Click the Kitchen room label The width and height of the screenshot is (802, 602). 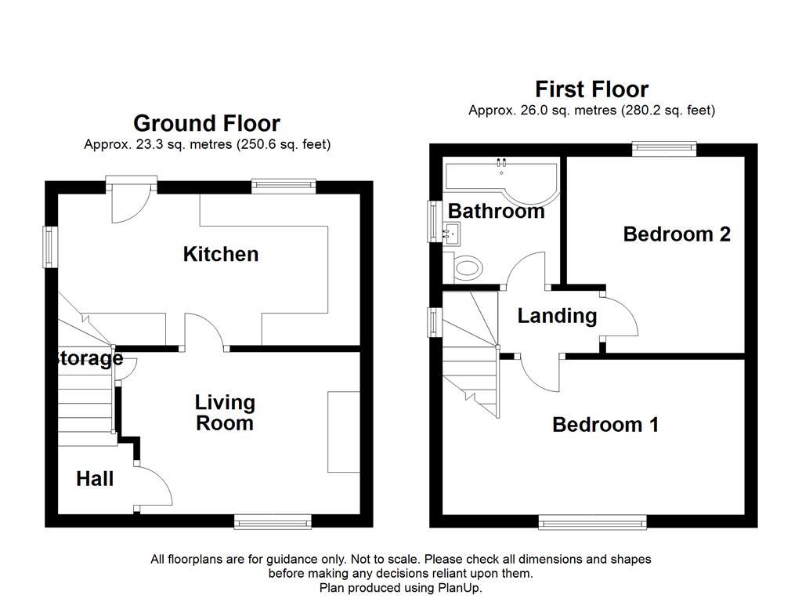point(220,254)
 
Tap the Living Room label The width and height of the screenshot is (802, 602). point(225,413)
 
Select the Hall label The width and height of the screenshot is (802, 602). point(95,479)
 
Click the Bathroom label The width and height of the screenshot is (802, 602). point(496,212)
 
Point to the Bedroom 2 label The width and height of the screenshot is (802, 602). point(677,234)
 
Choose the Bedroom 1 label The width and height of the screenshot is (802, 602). point(605,425)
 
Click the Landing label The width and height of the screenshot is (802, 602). point(557,316)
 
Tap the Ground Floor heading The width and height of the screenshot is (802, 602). point(206,124)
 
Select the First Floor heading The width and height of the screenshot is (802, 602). point(591,89)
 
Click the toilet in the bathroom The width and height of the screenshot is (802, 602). point(467,269)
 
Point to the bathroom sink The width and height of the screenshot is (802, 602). point(453,233)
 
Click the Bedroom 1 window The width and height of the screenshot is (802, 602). point(592,520)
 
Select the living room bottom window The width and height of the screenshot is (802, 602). point(272,520)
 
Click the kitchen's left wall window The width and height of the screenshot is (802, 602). point(51,247)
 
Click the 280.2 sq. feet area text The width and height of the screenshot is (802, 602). point(667,111)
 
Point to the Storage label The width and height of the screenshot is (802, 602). point(87,359)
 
